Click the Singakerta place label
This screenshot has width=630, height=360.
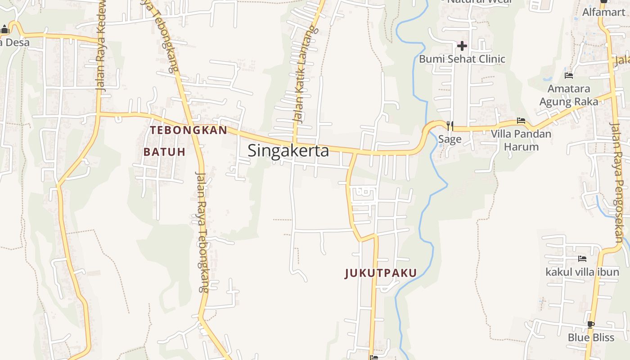(x=288, y=150)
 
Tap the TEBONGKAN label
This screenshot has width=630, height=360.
(x=189, y=130)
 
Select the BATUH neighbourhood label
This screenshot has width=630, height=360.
(x=164, y=152)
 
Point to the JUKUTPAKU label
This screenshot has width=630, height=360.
(x=381, y=273)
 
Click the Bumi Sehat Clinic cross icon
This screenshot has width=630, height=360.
(x=462, y=46)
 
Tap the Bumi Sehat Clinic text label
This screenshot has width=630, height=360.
(x=462, y=59)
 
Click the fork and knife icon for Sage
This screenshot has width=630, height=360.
(x=450, y=125)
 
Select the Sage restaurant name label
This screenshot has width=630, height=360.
(x=450, y=139)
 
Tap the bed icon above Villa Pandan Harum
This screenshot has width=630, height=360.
(x=521, y=121)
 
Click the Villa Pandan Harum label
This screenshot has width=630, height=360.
(x=521, y=140)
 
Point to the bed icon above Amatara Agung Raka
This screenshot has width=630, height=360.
(x=569, y=76)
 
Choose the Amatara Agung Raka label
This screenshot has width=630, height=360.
(x=569, y=95)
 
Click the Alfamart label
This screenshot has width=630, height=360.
(x=603, y=12)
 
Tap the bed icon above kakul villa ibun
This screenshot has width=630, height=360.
(x=582, y=259)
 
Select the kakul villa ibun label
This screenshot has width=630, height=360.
(x=582, y=272)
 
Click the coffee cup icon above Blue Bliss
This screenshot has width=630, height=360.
(x=591, y=324)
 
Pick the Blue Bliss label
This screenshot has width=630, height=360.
(x=591, y=337)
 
